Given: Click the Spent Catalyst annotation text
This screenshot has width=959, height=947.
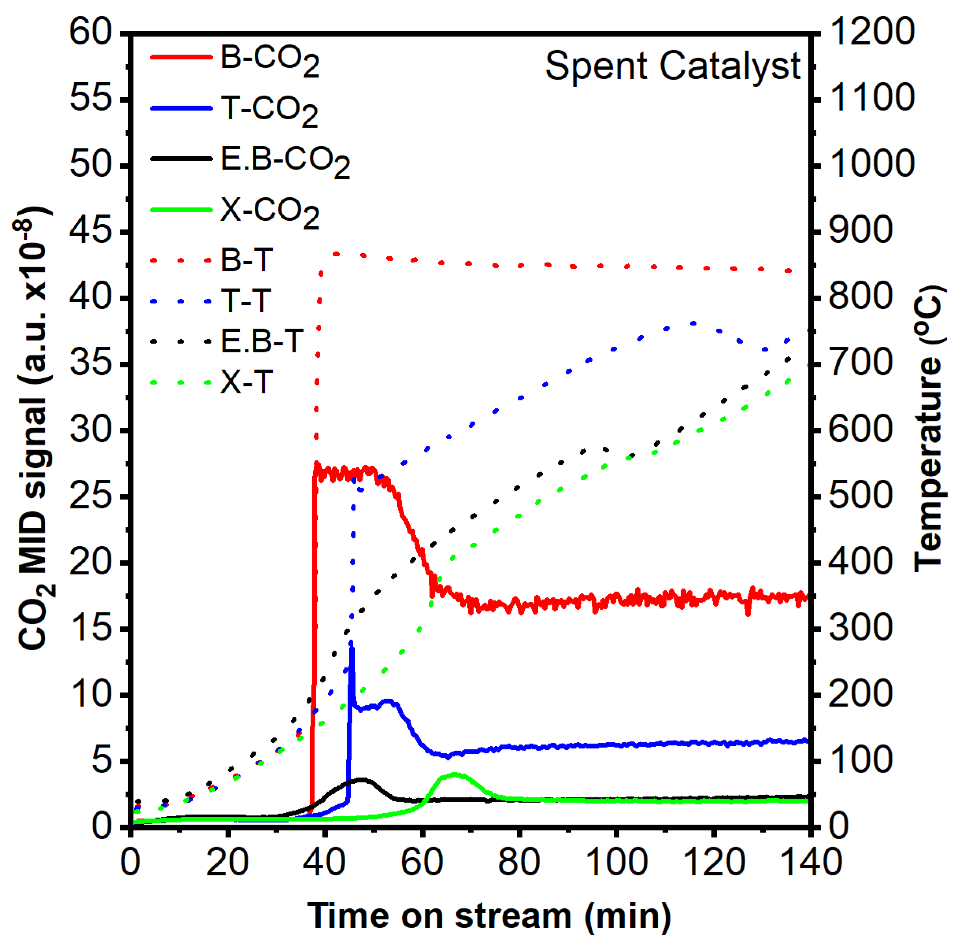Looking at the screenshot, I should point(672,66).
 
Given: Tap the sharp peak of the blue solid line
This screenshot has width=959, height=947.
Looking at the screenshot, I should point(352,643).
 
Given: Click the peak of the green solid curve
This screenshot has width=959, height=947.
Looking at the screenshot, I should point(455,774).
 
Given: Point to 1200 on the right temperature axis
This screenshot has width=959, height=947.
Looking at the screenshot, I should point(872,32).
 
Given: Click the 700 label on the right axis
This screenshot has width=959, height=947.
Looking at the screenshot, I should point(861,363).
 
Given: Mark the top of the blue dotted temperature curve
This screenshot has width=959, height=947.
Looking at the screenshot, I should point(693,323).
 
